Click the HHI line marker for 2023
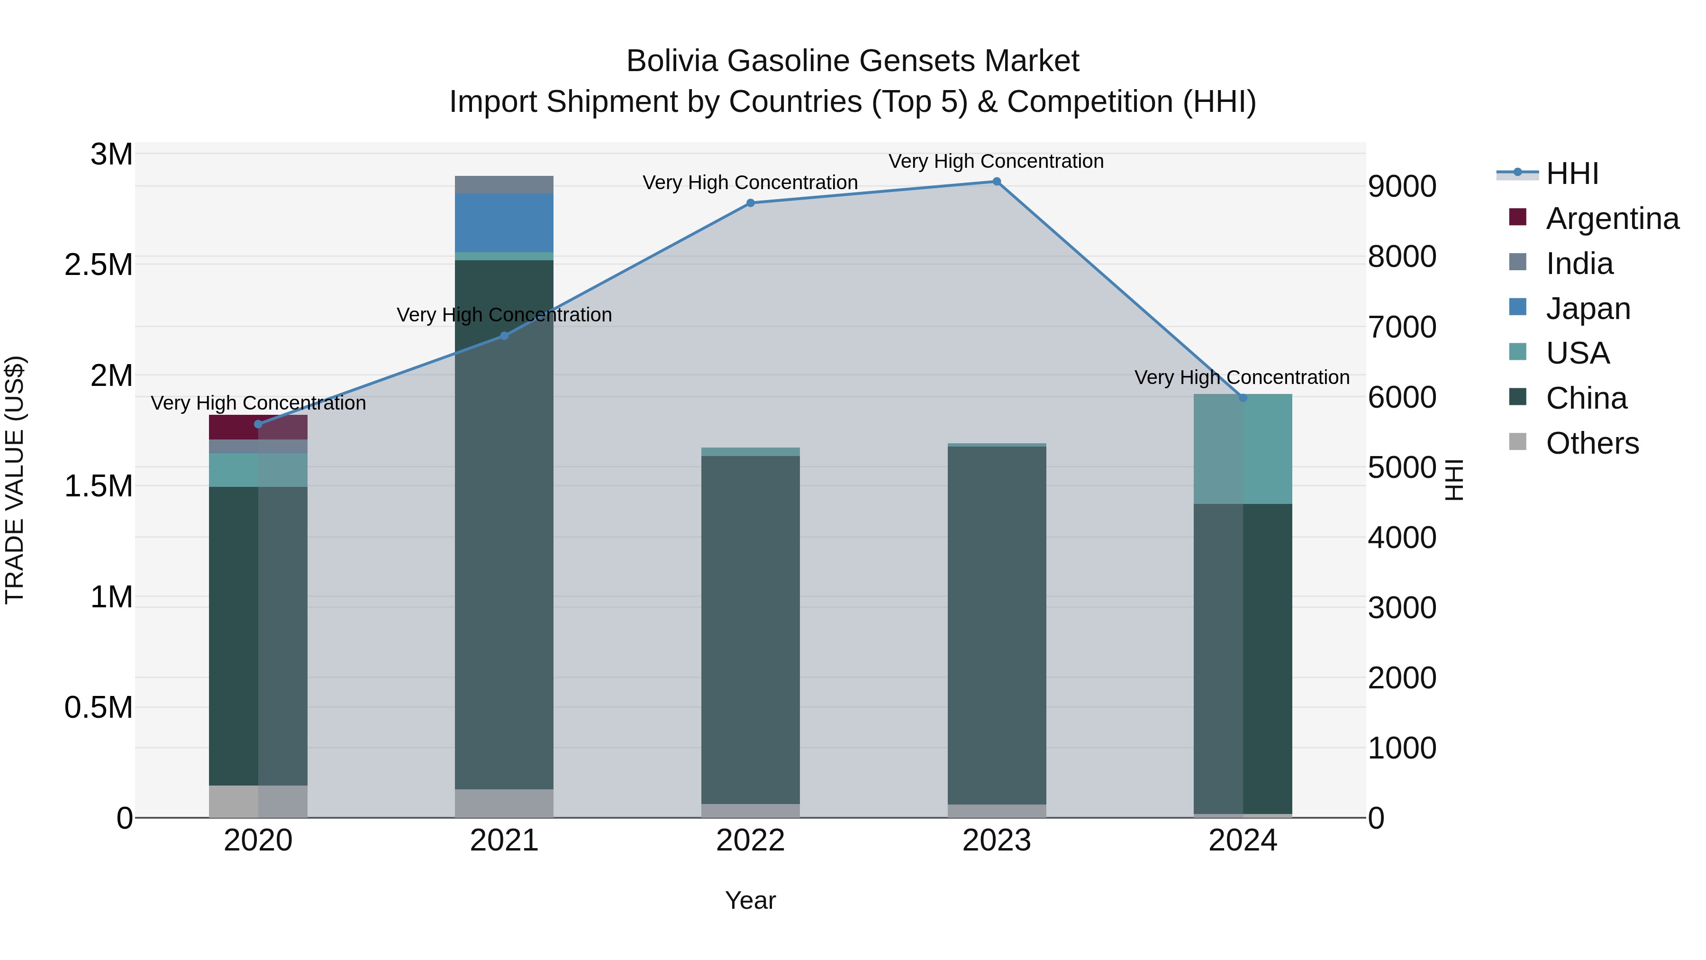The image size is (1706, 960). pos(997,182)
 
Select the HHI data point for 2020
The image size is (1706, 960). pos(258,424)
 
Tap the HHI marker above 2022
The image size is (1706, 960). pos(750,203)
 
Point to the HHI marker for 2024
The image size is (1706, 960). pos(1243,398)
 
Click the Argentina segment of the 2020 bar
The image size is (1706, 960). pos(258,427)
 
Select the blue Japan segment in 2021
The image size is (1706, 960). pos(504,223)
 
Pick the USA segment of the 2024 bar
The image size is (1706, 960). pos(1243,449)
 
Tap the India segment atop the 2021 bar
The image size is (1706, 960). pos(504,185)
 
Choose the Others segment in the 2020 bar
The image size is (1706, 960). pos(258,801)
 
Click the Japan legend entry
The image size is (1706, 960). pos(1588,309)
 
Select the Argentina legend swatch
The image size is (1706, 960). pos(1517,217)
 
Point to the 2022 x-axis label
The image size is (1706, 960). pos(750,841)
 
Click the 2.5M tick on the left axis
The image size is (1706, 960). pos(99,265)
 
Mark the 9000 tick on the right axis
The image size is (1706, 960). pos(1402,186)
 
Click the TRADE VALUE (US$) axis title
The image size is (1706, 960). pos(15,480)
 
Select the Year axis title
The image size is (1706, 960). pos(750,900)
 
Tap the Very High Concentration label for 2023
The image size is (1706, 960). pos(996,161)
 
